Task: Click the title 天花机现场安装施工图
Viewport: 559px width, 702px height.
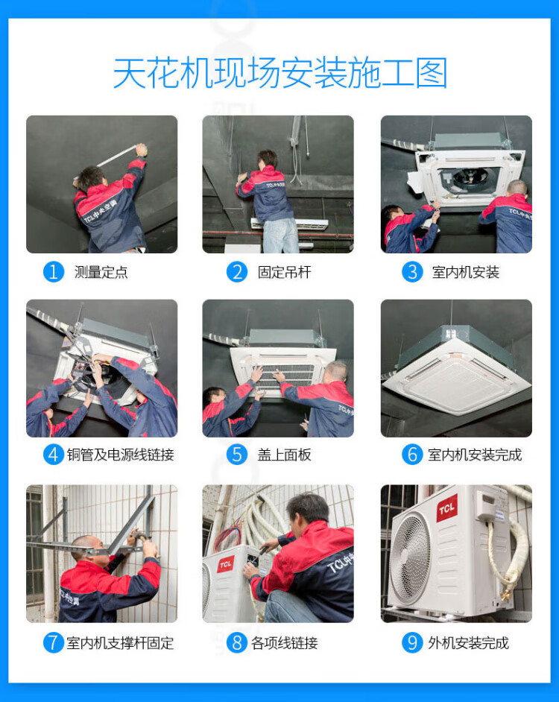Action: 280,73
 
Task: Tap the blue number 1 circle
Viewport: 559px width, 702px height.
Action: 54,272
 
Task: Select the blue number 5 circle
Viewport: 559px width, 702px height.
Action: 237,455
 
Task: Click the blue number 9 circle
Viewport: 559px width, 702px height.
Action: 412,643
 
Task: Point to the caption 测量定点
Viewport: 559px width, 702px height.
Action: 101,272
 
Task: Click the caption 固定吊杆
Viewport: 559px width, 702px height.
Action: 285,272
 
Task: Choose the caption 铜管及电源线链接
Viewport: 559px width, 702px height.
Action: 121,455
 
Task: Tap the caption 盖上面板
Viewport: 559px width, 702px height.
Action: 285,455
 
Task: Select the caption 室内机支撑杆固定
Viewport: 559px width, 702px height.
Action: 120,643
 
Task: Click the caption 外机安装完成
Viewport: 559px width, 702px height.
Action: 468,643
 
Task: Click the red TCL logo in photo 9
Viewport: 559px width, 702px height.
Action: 447,508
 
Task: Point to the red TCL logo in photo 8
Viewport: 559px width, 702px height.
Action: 226,564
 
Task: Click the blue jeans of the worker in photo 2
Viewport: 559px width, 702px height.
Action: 280,235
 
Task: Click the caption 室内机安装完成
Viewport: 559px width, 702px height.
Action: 475,455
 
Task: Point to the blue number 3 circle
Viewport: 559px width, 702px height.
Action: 412,272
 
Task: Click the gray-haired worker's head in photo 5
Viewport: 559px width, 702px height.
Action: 336,372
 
